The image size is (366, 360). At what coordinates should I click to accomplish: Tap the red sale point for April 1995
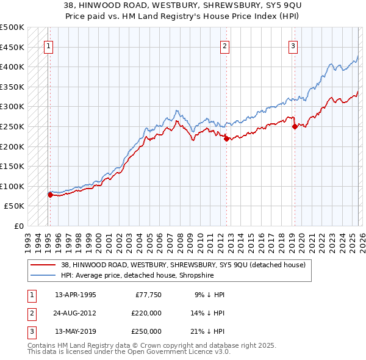point(50,195)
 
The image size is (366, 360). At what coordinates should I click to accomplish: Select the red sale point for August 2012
point(226,139)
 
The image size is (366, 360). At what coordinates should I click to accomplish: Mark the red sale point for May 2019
point(295,127)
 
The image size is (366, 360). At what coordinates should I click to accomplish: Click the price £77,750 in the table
point(148,295)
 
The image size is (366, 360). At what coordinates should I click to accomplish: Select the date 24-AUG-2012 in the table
point(75,313)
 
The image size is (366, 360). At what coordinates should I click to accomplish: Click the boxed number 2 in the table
point(31,313)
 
